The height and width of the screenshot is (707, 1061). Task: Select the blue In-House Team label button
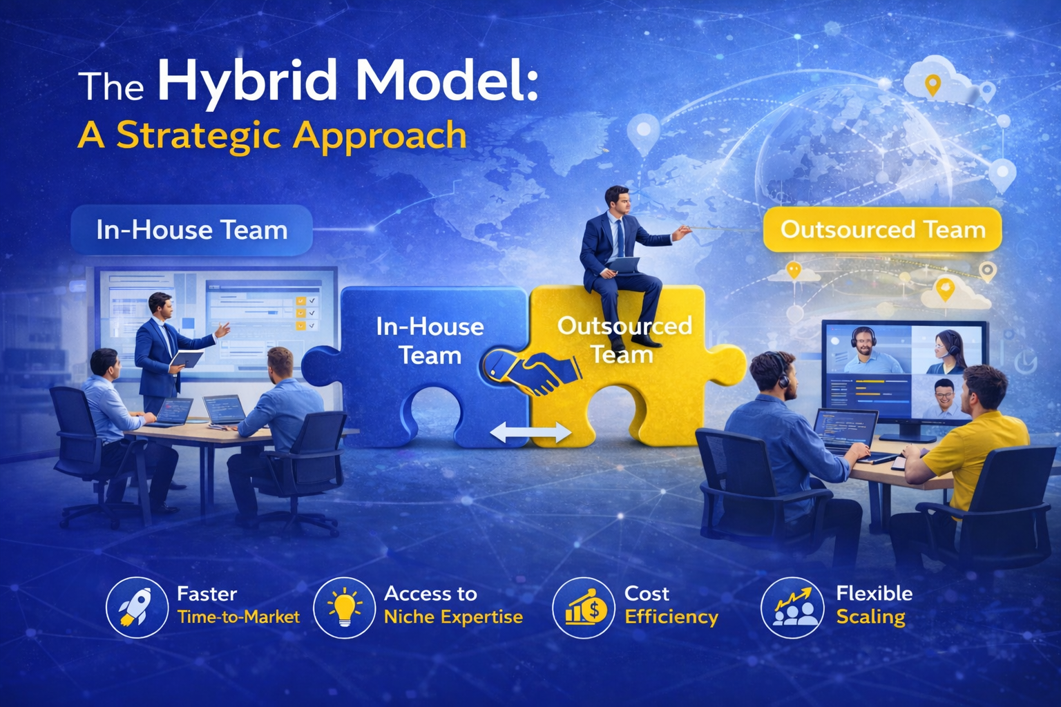tap(192, 231)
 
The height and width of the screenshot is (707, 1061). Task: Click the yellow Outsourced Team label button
tap(882, 230)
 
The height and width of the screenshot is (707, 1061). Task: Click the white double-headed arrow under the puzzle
tap(530, 432)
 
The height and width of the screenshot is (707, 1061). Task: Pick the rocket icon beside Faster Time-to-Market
tap(137, 608)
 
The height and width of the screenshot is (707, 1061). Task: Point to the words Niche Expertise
tap(453, 617)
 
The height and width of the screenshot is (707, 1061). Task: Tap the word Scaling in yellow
tap(870, 617)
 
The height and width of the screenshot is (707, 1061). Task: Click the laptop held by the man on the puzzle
tap(622, 266)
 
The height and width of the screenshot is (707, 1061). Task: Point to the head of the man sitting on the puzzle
tap(618, 201)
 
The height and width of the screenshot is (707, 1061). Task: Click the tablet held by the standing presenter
tap(186, 359)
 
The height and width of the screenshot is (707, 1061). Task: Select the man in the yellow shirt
tap(966, 454)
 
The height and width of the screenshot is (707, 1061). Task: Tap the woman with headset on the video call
tap(946, 353)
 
